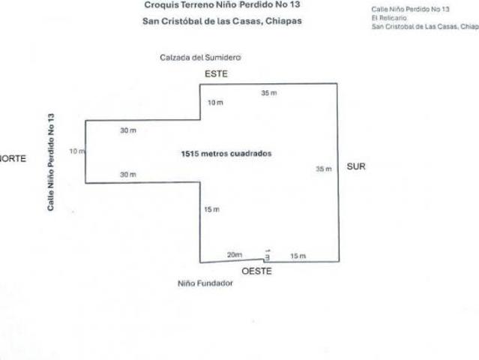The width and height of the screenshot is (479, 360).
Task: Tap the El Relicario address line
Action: tap(389, 18)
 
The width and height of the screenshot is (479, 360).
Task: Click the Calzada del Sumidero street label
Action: tap(200, 58)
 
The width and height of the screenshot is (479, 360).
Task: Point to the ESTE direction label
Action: tap(216, 74)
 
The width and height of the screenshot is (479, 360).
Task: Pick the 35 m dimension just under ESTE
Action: tap(269, 93)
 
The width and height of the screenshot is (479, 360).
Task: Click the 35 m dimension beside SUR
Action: tap(324, 169)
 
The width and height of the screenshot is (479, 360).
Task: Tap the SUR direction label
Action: tap(356, 166)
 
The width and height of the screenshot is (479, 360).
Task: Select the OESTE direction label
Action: tap(256, 271)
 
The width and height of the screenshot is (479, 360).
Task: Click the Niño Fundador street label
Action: tap(205, 283)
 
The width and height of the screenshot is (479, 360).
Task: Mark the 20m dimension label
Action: tap(235, 254)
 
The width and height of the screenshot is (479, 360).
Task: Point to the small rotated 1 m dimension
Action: tap(268, 255)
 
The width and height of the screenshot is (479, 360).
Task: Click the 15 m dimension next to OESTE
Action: tap(298, 256)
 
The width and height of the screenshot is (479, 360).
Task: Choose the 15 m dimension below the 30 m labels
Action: tap(211, 210)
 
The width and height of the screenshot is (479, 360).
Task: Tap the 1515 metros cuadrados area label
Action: tap(226, 154)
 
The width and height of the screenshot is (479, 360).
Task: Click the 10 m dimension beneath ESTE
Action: tap(215, 103)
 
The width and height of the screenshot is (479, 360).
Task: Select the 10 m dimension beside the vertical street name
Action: tap(78, 151)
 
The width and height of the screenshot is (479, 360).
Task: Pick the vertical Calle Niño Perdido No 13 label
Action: tap(51, 162)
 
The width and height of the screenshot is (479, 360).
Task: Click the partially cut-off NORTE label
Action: tap(13, 158)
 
